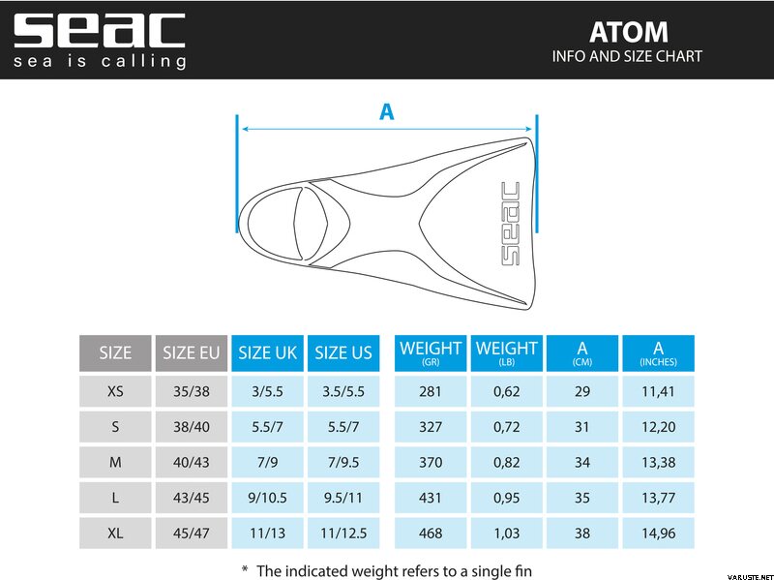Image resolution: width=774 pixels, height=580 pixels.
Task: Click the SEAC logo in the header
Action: pyautogui.click(x=100, y=40)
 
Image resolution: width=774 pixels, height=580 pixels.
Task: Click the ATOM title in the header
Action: pyautogui.click(x=628, y=32)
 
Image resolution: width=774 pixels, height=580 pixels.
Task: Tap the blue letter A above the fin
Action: pyautogui.click(x=386, y=111)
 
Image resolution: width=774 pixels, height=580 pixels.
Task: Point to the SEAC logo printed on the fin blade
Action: pyautogui.click(x=511, y=224)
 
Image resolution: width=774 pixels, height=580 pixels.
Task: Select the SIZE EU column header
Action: pyautogui.click(x=191, y=352)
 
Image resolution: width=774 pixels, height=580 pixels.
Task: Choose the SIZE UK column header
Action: pyautogui.click(x=268, y=352)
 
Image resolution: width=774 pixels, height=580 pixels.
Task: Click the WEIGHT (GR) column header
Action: pyautogui.click(x=431, y=352)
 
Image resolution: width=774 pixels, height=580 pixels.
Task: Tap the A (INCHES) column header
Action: pyautogui.click(x=658, y=352)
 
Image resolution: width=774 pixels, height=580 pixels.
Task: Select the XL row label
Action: pyautogui.click(x=115, y=534)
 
